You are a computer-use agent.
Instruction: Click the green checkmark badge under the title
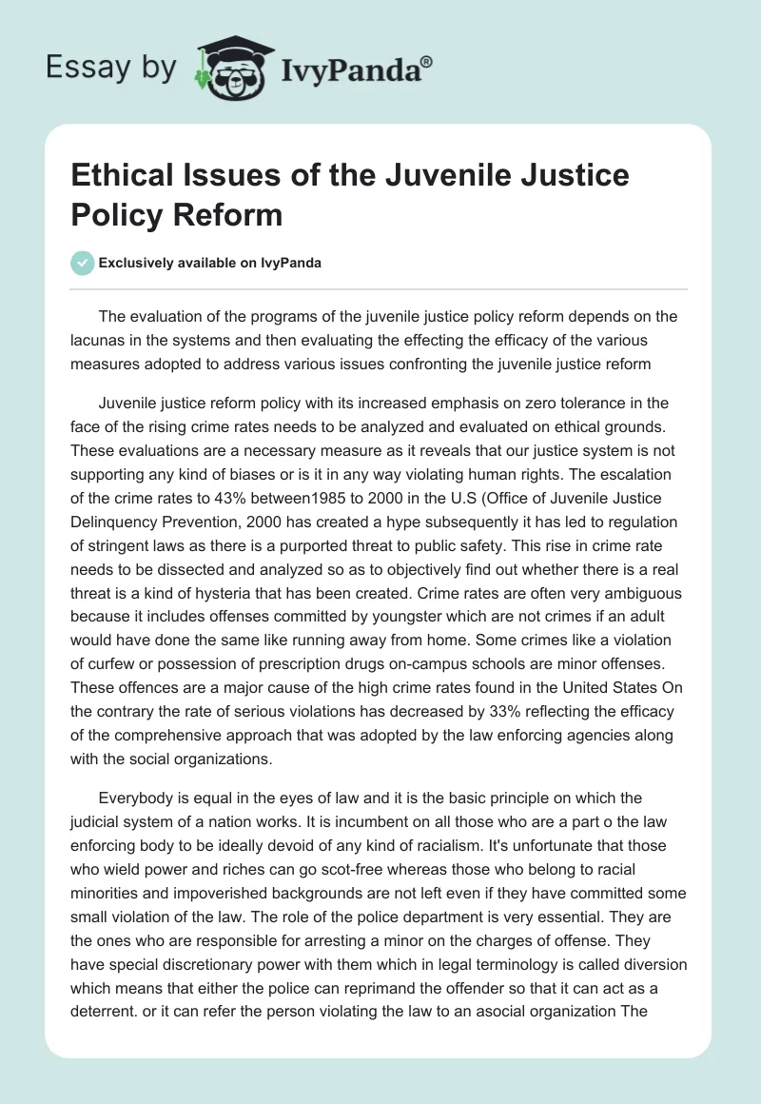tap(83, 263)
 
